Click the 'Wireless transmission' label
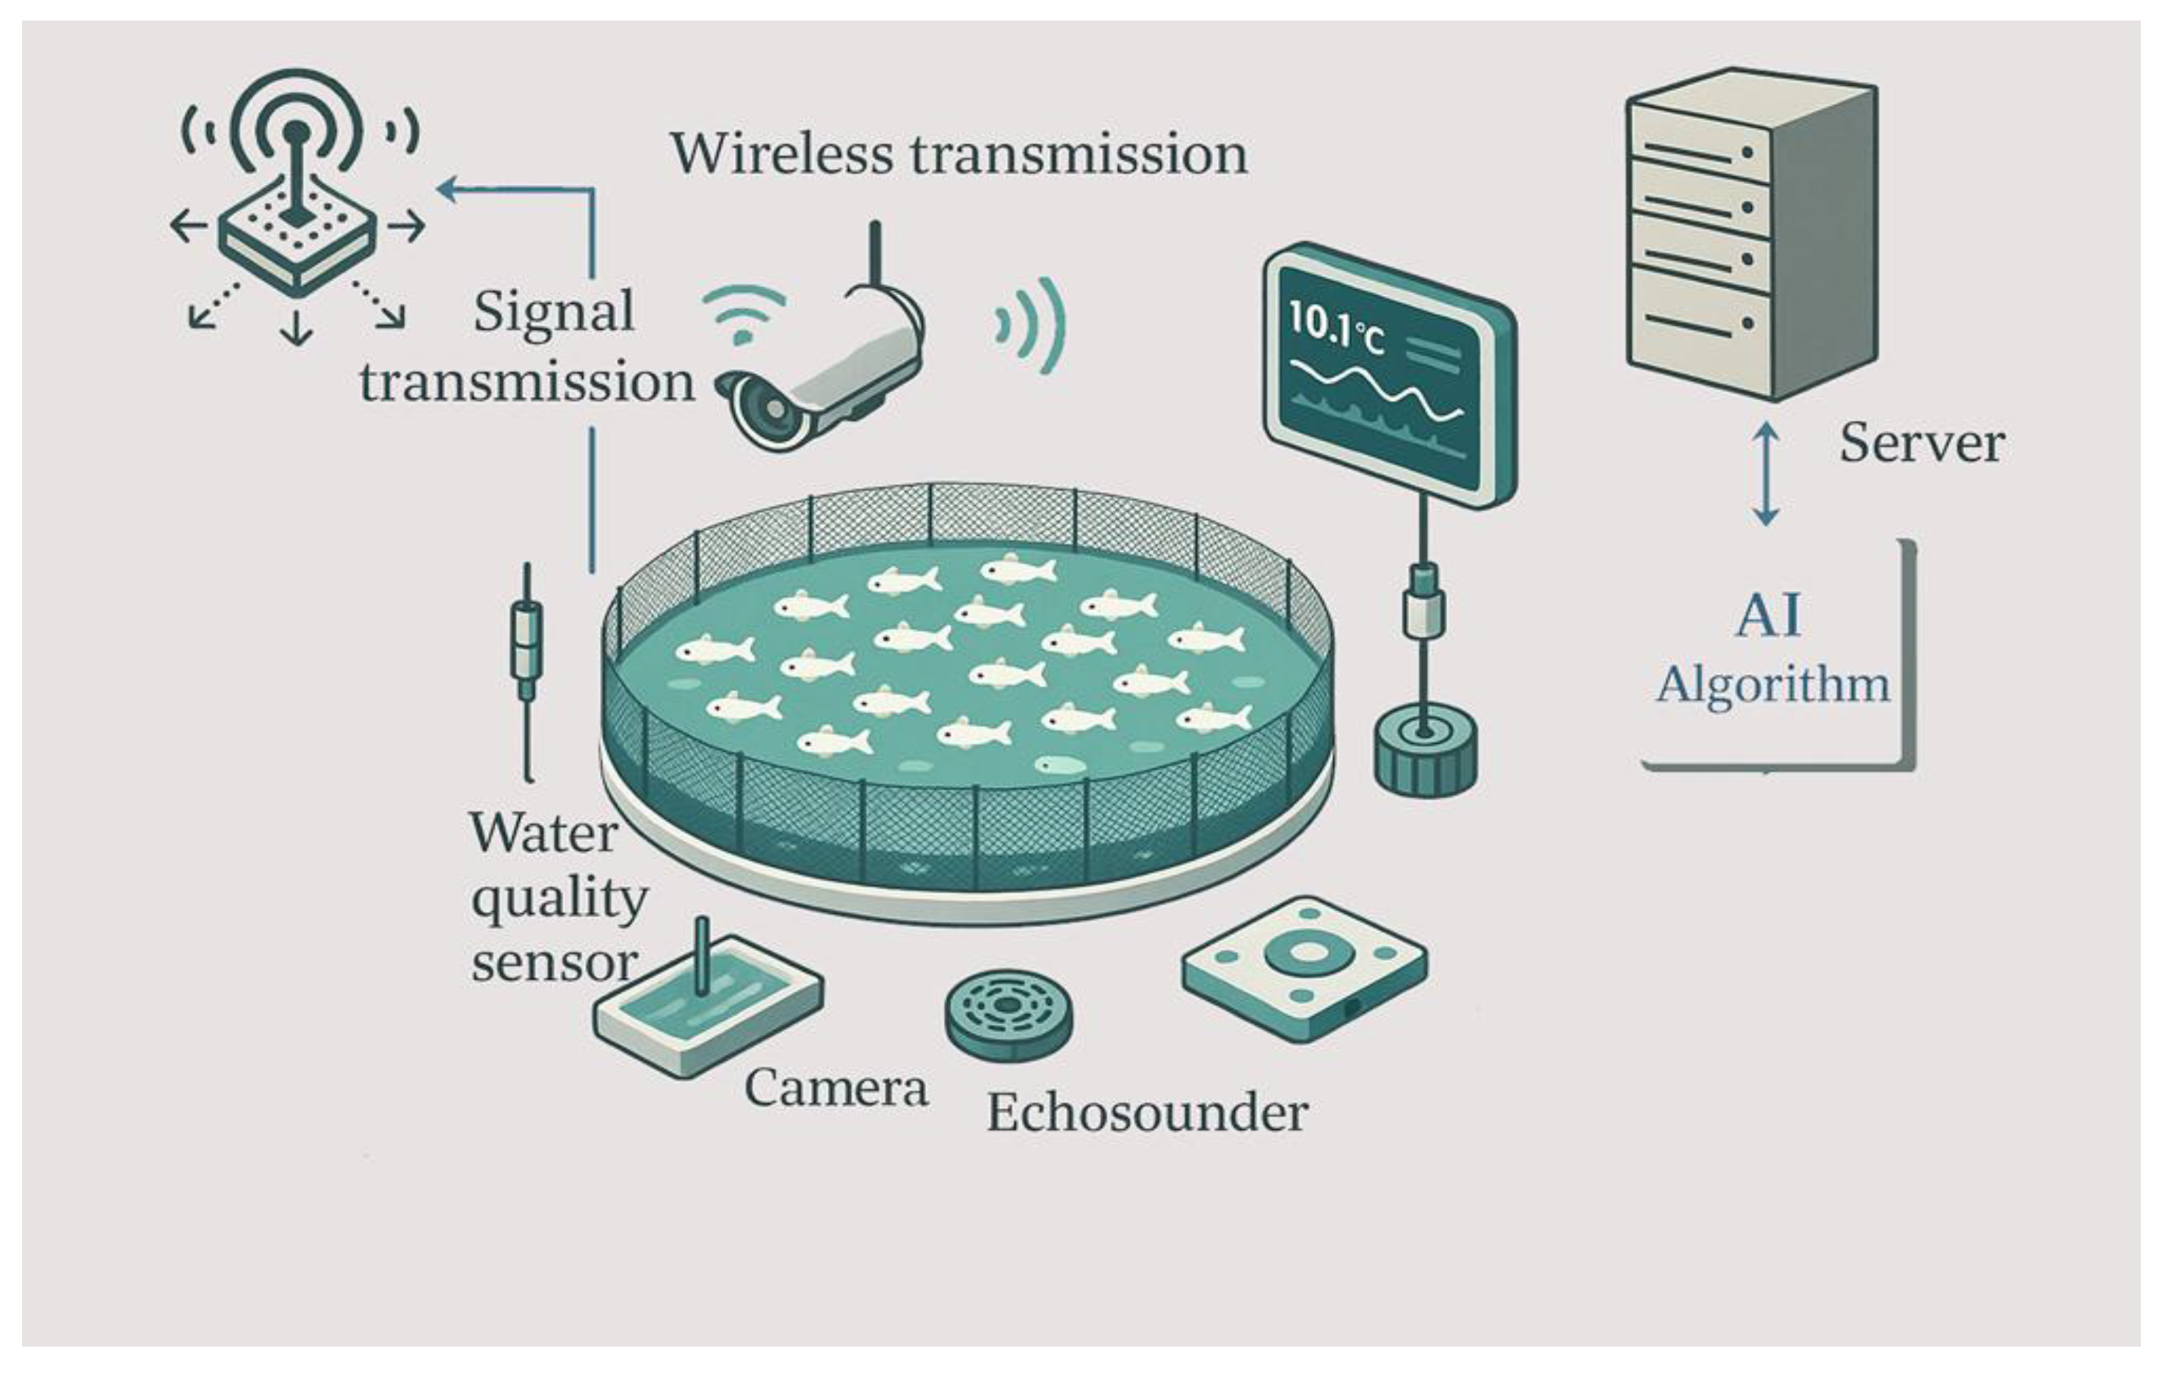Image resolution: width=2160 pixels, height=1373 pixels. click(959, 154)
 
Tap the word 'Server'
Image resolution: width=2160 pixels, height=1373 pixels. click(1921, 443)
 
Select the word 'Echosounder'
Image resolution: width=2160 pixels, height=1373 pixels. click(1146, 1114)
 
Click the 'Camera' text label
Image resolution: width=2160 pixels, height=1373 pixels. click(836, 1089)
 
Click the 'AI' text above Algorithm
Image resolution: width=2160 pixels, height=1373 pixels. click(1768, 616)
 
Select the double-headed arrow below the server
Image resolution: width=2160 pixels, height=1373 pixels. click(1765, 474)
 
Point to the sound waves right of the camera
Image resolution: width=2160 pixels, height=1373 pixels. click(1032, 325)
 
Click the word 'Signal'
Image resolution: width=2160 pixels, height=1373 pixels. click(554, 312)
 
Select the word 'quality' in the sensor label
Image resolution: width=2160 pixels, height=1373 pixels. click(559, 899)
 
